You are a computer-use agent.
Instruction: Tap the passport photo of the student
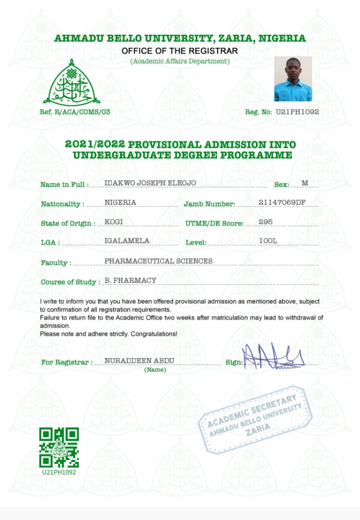click(292, 78)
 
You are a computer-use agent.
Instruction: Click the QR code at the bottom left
click(59, 447)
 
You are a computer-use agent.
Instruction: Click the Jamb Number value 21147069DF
click(282, 202)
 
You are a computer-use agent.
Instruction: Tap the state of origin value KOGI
click(113, 222)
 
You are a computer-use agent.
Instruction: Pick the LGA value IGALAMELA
click(127, 241)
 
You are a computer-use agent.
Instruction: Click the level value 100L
click(268, 241)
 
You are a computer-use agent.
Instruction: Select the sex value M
click(305, 183)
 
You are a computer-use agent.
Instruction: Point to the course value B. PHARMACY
click(130, 281)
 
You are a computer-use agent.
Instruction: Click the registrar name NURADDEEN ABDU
click(131, 361)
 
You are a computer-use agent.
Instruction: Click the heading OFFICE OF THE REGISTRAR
click(179, 51)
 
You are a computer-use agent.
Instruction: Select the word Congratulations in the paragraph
click(153, 333)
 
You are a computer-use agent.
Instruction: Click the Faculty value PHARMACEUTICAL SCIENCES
click(158, 261)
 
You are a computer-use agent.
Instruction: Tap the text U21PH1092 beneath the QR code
click(59, 473)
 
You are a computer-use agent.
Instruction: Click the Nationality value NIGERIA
click(120, 202)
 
